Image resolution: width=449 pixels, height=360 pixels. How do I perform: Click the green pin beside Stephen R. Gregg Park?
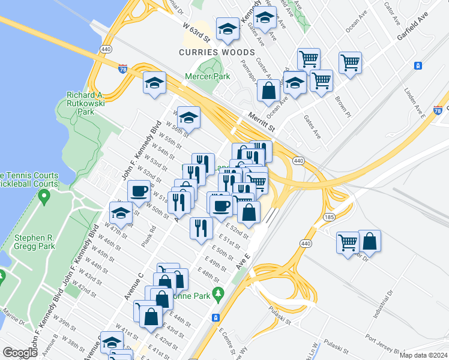(43, 196)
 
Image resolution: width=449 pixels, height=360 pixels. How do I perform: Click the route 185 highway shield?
(329, 217)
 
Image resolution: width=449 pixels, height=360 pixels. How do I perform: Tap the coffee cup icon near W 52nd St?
(139, 191)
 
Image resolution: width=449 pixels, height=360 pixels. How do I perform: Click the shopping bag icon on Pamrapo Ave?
(270, 91)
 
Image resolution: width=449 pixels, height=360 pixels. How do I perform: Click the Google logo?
(20, 353)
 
